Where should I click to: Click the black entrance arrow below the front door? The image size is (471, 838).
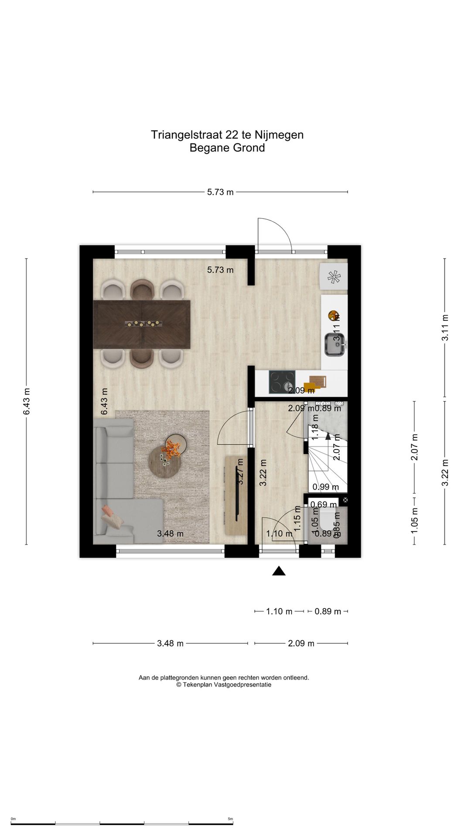point(279,571)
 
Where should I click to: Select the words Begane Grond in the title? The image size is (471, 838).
point(227,148)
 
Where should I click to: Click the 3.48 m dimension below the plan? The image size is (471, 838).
point(170,643)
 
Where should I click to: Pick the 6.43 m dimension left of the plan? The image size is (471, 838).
point(26,401)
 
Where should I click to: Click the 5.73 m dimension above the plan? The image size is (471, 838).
point(220,192)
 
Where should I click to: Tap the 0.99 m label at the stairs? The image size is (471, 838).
point(326,487)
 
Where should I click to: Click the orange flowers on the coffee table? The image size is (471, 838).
point(171,449)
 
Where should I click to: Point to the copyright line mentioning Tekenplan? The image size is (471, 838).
point(224,685)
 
